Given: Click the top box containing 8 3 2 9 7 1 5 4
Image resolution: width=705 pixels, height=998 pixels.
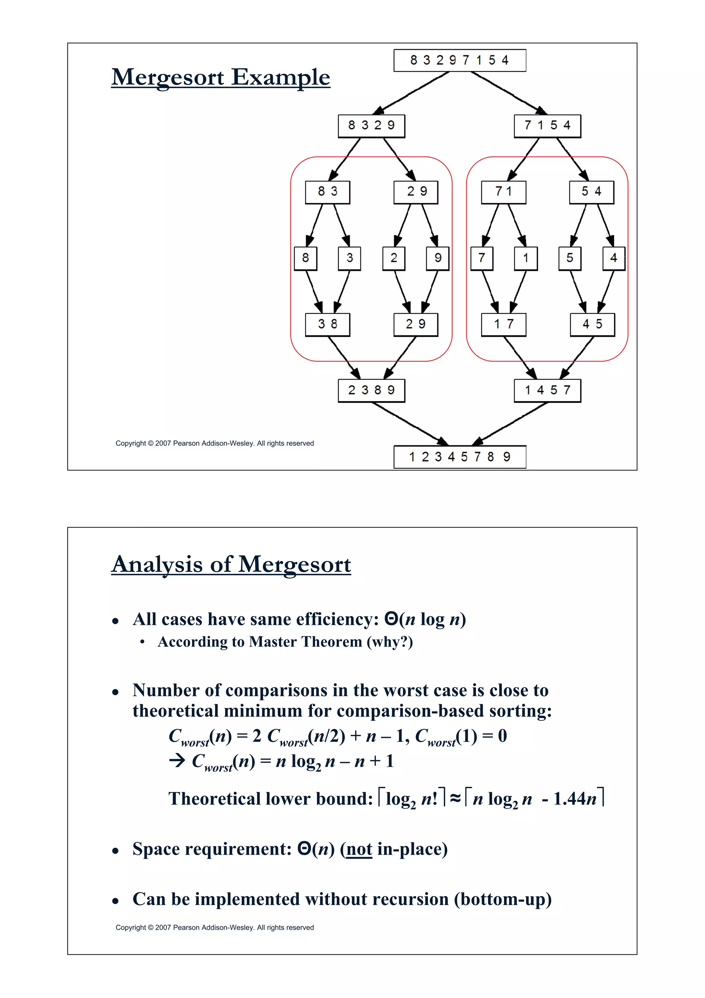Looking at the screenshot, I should pos(460,60).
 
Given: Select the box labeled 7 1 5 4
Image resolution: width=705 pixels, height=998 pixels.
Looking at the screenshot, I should pos(547,126).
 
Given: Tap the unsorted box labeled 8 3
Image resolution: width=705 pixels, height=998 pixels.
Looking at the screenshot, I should pos(327,192).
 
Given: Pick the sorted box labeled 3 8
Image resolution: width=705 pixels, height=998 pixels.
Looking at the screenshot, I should pos(327,324).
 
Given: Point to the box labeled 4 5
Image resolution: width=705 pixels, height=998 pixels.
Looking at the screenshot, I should pos(592,324).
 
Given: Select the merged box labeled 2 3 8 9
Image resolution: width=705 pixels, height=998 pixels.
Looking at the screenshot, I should pos(371,390).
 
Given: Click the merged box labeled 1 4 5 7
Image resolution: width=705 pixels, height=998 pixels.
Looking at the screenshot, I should pos(547,390).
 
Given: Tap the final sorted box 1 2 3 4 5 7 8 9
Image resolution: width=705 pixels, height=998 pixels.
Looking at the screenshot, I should pos(460,457).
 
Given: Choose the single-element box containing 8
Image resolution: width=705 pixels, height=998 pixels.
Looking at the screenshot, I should pos(305,258).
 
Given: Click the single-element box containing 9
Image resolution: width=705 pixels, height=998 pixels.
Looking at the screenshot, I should pos(438,258).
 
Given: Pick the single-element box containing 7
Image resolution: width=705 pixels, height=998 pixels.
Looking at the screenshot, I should pos(482,258).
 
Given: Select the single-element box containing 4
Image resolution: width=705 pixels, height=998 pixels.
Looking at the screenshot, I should pos(614,258).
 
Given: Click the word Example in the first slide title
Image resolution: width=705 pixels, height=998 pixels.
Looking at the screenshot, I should pos(281,78).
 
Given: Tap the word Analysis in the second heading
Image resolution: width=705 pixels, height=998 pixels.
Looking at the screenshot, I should pos(157,565).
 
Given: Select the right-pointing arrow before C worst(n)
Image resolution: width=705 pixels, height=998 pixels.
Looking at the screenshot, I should pos(177,761).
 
